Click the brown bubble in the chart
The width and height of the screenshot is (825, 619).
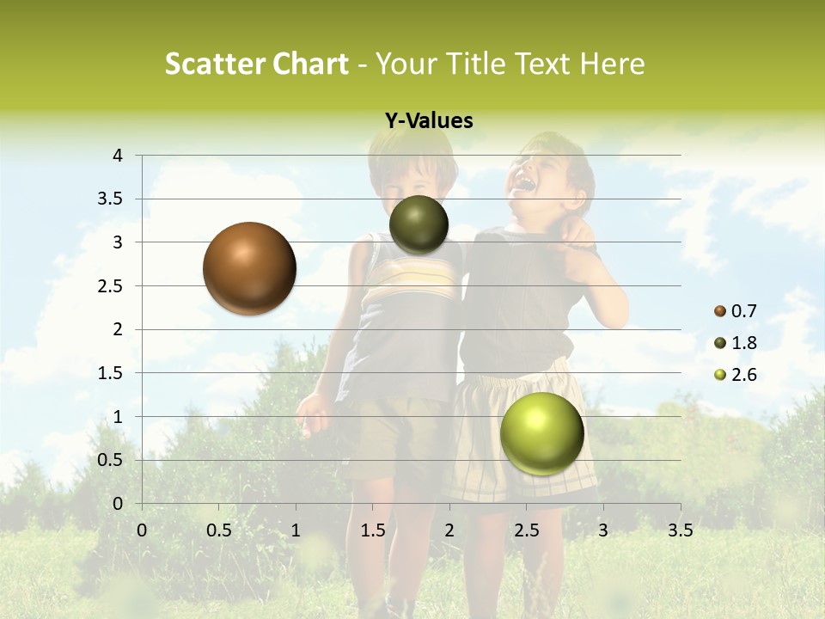(249, 268)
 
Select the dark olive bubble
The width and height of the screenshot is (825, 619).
(419, 224)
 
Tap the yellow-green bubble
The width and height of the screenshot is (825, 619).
(541, 433)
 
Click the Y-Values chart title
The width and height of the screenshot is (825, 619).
(429, 121)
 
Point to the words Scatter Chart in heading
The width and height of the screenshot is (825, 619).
(256, 64)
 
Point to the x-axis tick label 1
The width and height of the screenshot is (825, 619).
(296, 530)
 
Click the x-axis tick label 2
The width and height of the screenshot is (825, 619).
(449, 530)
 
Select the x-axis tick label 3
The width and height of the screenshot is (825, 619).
(603, 530)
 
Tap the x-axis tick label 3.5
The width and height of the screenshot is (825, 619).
(680, 530)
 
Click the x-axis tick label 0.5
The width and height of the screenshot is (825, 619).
(218, 530)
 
